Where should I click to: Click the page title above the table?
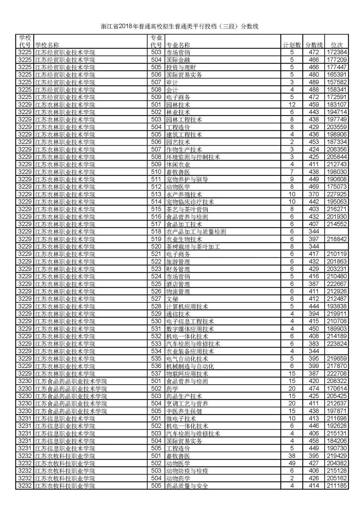(x=180, y=27)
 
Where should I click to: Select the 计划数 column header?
(x=292, y=45)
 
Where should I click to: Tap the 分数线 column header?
(x=314, y=45)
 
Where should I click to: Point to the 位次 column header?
(x=336, y=45)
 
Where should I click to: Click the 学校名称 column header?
(x=47, y=45)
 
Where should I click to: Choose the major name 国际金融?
(x=178, y=60)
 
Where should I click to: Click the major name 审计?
(x=172, y=82)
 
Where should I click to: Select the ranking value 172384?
(x=337, y=52)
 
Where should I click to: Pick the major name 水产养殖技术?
(x=184, y=194)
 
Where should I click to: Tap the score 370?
(x=314, y=194)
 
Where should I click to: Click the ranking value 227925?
(x=337, y=194)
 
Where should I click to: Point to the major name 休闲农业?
(x=178, y=164)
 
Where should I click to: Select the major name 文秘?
(x=172, y=299)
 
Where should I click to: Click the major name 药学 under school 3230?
(x=172, y=389)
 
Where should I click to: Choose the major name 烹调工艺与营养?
(x=187, y=404)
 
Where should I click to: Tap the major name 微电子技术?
(x=181, y=419)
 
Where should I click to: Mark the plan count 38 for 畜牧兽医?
(x=292, y=456)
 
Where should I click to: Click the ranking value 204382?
(x=337, y=463)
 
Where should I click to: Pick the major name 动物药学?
(x=178, y=478)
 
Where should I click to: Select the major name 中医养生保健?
(x=184, y=411)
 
